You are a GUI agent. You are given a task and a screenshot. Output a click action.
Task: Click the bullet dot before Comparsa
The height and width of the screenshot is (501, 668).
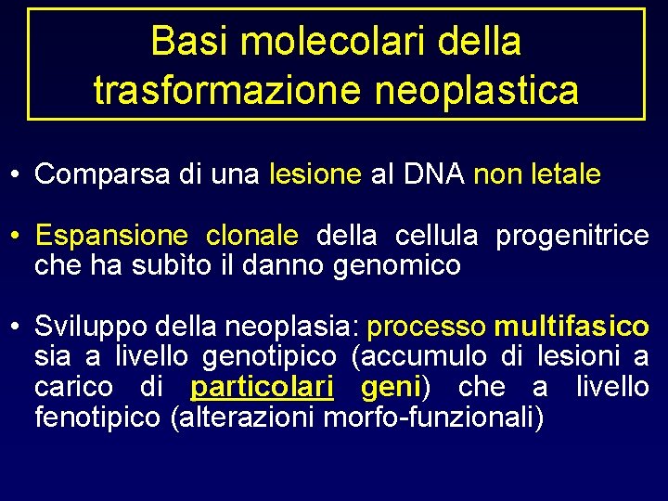coord(17,174)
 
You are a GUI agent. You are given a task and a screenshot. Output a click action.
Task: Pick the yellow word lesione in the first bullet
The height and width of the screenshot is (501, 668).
coord(315,174)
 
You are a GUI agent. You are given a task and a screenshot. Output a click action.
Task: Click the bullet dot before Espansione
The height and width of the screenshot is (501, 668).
coord(17,237)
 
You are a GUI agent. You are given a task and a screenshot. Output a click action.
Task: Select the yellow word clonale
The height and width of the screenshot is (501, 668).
coord(251,237)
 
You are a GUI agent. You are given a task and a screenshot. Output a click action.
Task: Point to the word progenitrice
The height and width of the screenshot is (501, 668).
coord(572,237)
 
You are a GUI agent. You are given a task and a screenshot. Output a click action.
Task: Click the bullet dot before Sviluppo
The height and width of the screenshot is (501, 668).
coord(17,328)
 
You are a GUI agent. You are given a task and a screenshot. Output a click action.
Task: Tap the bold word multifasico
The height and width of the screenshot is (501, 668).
coord(572,328)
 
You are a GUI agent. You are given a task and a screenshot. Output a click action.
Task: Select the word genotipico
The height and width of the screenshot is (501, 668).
coord(269,357)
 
